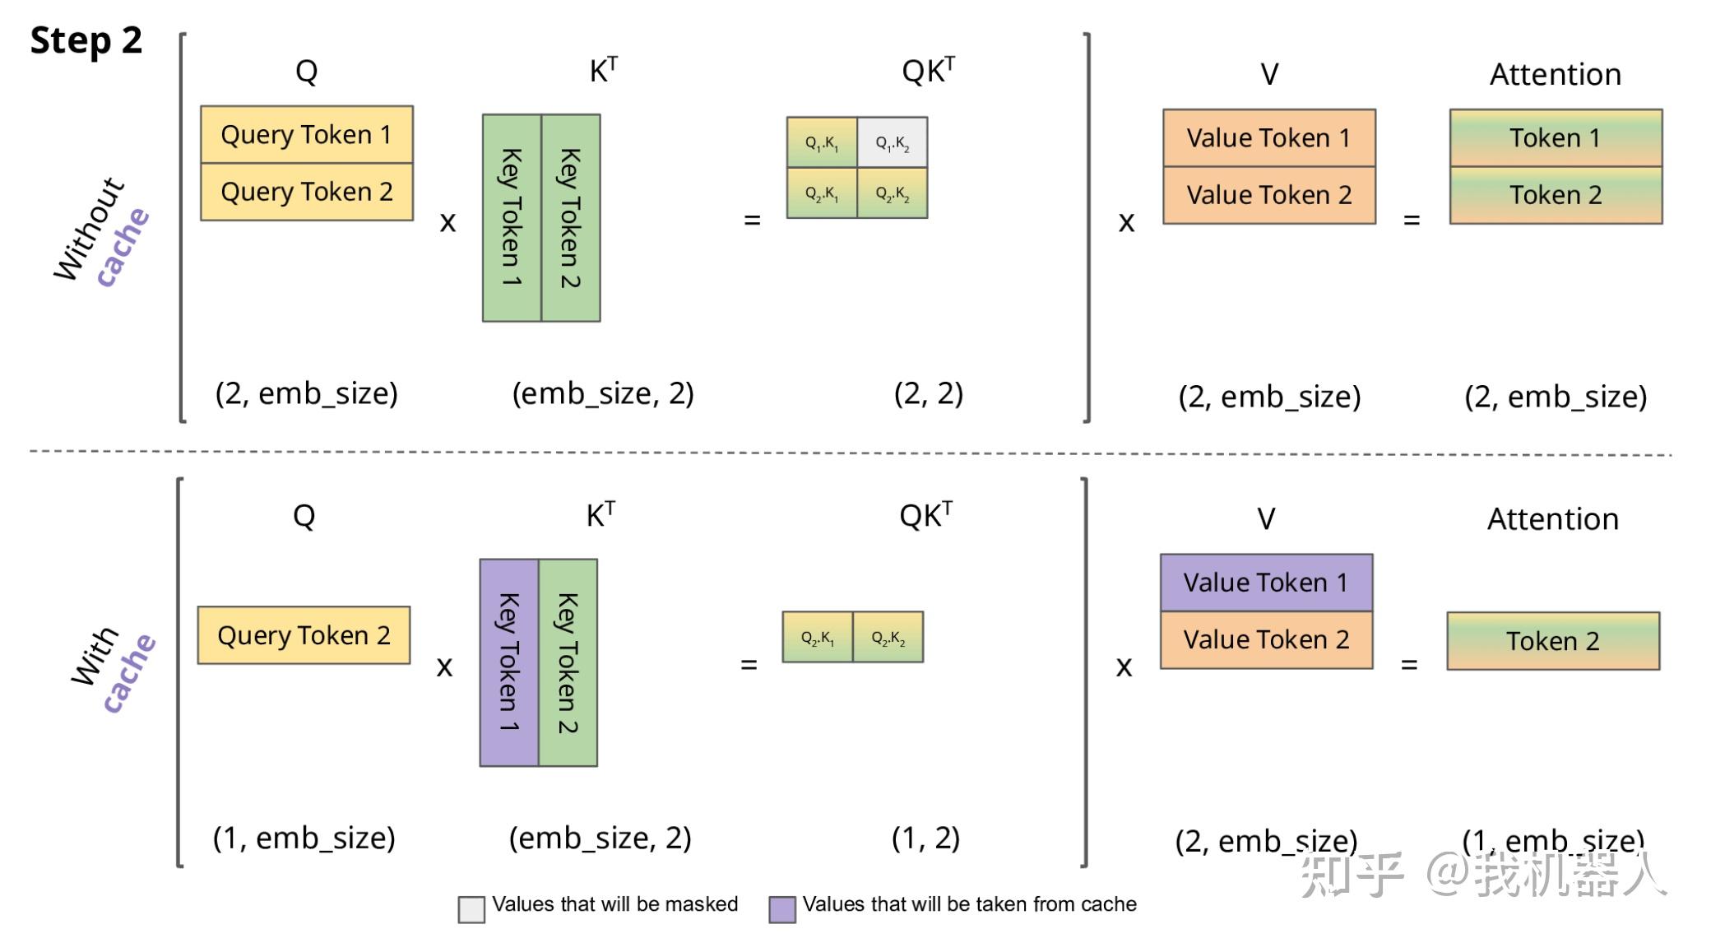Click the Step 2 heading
click(x=86, y=41)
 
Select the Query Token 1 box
click(x=307, y=134)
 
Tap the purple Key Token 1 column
click(x=509, y=662)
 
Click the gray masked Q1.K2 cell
click(x=893, y=142)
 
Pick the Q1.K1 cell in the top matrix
click(x=822, y=142)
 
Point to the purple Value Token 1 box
click(x=1267, y=583)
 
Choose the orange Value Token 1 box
click(x=1269, y=137)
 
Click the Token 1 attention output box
click(x=1556, y=137)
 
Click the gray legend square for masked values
click(x=471, y=909)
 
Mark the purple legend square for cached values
click(x=782, y=909)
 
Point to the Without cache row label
click(x=101, y=232)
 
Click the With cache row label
click(x=113, y=669)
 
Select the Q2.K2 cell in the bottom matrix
click(x=888, y=637)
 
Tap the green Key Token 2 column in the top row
click(x=571, y=218)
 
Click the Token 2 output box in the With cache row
click(x=1553, y=641)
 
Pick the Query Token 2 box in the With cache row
click(x=304, y=635)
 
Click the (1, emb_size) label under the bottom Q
click(x=304, y=838)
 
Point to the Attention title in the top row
click(x=1556, y=74)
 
